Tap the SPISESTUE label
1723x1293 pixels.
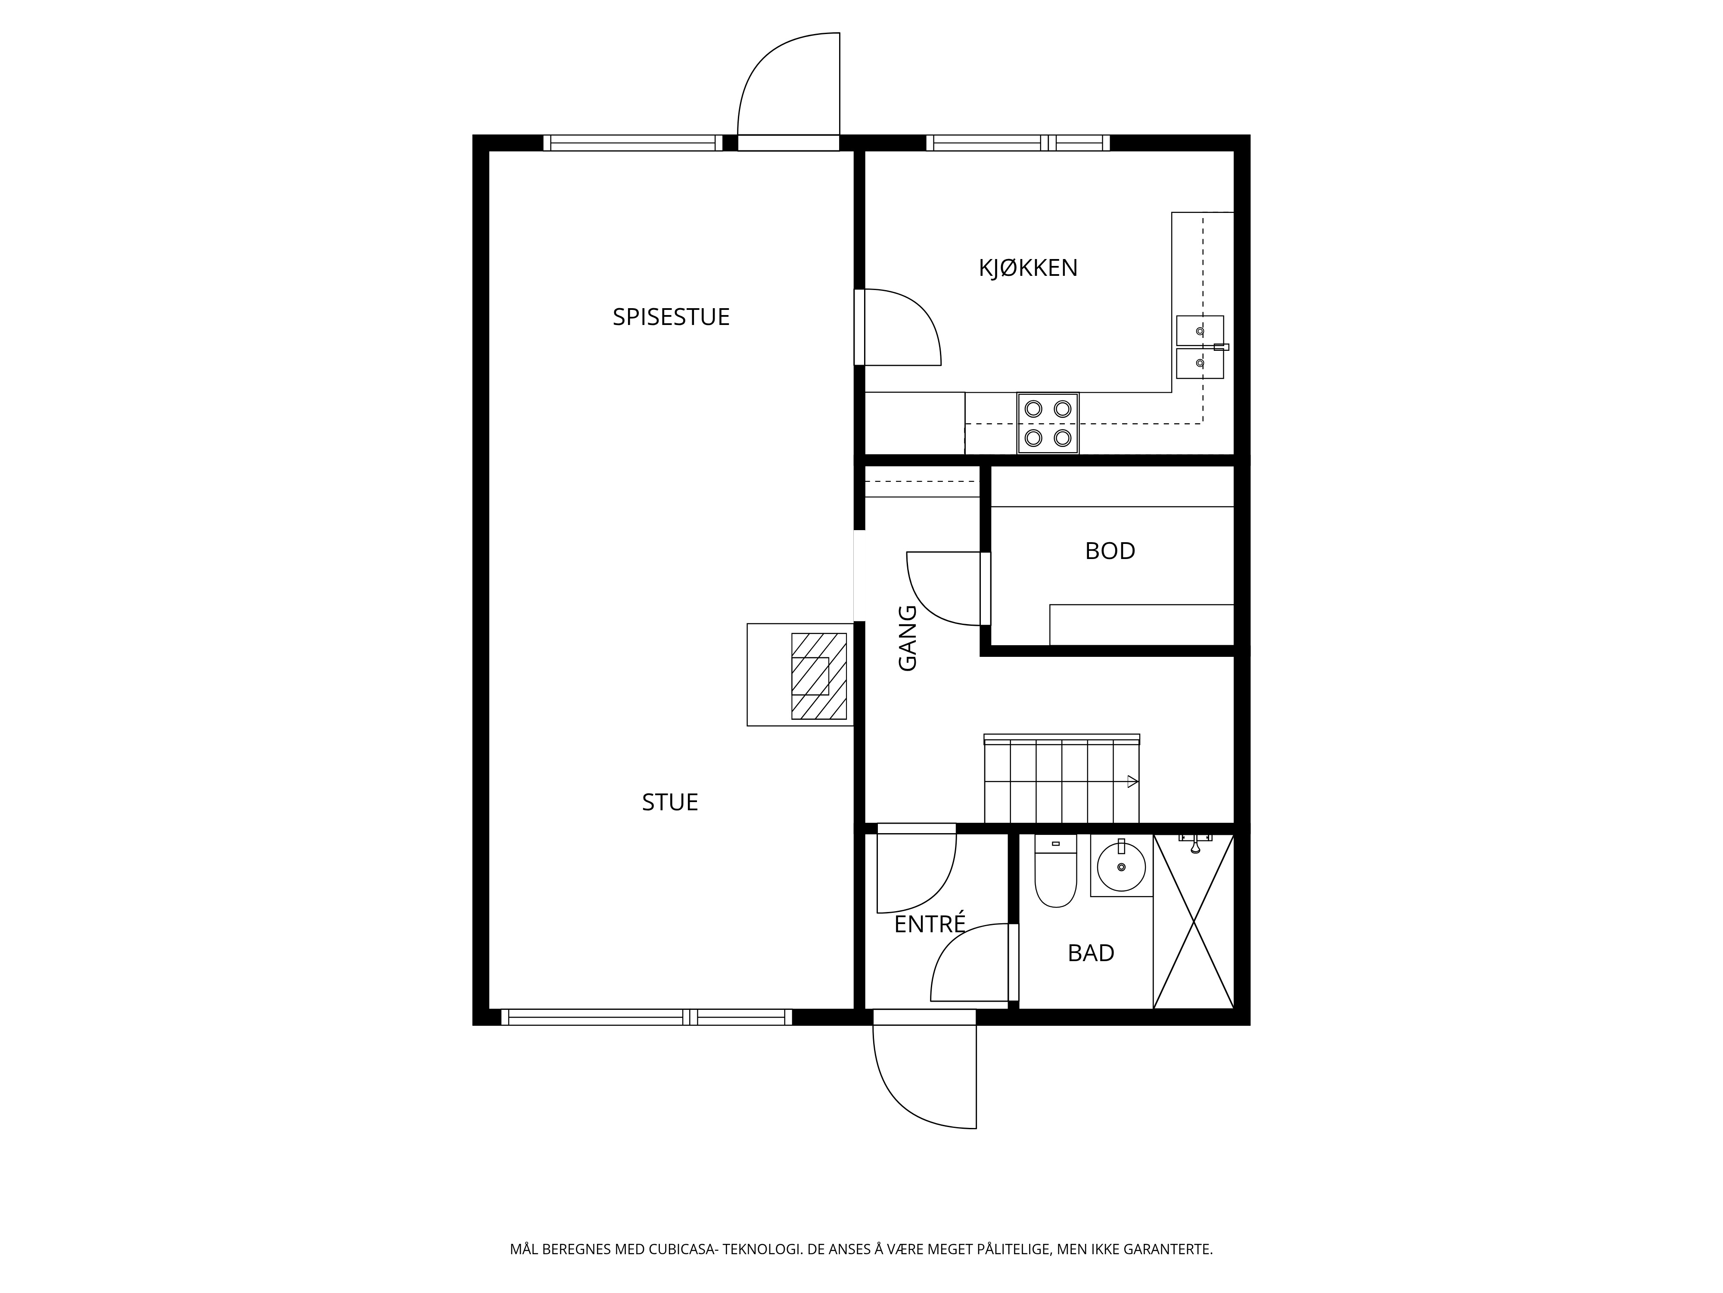(671, 317)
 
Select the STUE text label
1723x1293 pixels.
(670, 802)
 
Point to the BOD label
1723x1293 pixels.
(1110, 551)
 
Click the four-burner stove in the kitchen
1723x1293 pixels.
(1048, 423)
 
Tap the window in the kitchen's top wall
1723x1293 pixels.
(1018, 143)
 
